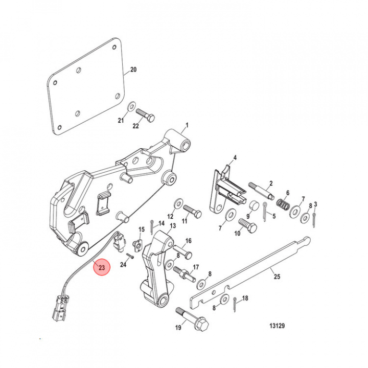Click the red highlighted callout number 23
(x=101, y=267)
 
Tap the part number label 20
(x=134, y=70)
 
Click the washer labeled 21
(x=131, y=106)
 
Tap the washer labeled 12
(x=177, y=202)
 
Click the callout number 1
(x=187, y=125)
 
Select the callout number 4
(x=235, y=157)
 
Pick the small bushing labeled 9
(x=253, y=206)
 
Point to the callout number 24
(x=123, y=265)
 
